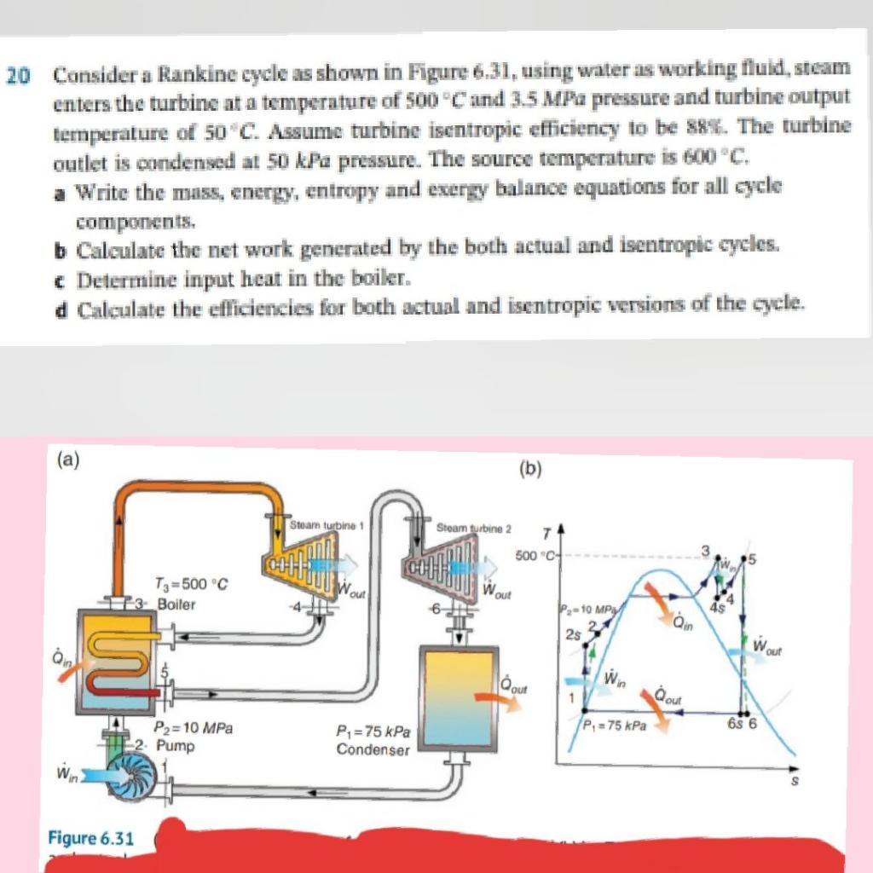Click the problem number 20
tap(17, 76)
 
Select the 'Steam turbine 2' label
tap(473, 529)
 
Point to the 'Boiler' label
tap(176, 604)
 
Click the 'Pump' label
tap(176, 746)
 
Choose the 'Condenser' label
tap(373, 750)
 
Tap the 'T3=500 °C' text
tap(190, 585)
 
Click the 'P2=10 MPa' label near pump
tap(194, 729)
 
